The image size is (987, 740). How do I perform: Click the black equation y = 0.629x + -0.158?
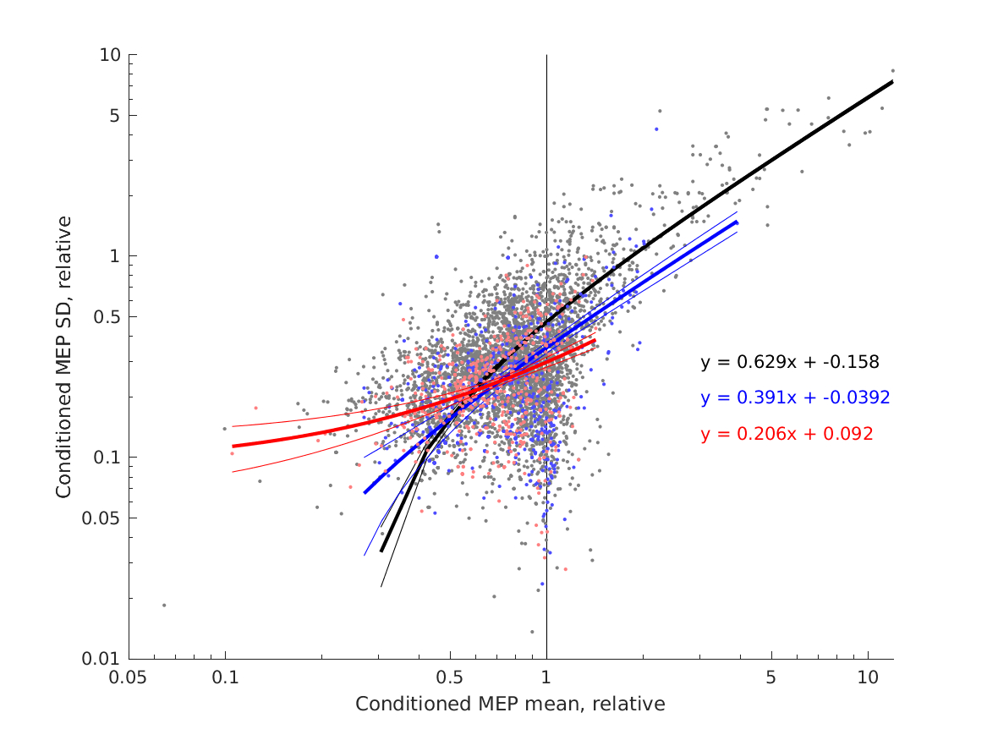point(790,362)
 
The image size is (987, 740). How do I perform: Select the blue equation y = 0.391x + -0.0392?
point(795,397)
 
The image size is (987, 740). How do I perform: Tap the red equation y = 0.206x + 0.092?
point(787,434)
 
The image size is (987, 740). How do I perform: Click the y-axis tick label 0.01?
point(103,659)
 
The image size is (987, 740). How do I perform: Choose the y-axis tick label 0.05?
point(103,518)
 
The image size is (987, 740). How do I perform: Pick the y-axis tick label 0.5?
point(107,316)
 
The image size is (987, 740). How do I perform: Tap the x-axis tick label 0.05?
point(129,678)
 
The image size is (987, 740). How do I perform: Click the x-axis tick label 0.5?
point(450,678)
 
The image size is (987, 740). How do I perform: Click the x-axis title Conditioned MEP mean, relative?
point(510,704)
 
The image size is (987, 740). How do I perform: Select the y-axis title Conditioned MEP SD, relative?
point(64,356)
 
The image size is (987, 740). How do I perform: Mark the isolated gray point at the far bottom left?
point(164,605)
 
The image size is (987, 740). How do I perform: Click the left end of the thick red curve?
point(233,446)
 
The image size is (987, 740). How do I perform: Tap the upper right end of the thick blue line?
point(737,222)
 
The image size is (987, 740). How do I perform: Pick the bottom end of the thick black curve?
point(381,551)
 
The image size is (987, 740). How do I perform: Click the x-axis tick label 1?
point(546,678)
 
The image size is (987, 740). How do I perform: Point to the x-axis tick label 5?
point(770,678)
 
